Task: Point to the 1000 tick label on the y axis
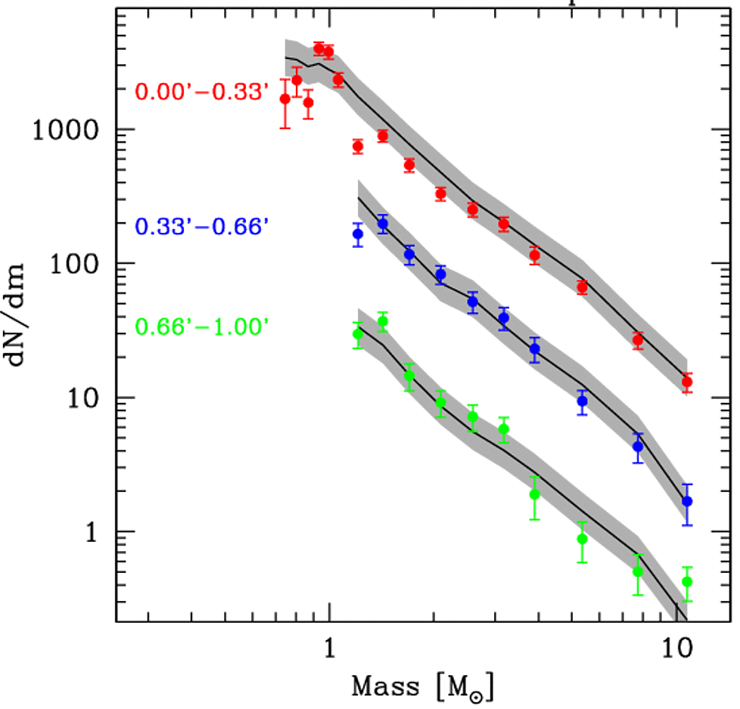[66, 129]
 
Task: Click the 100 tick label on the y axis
[76, 264]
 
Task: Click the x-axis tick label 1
[328, 649]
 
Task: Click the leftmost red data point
[285, 99]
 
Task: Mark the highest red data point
[319, 48]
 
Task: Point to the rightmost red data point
[687, 382]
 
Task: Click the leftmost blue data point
[358, 234]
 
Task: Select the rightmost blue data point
[687, 501]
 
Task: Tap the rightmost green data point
[687, 581]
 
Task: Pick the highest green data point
[382, 321]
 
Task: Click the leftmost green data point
[358, 333]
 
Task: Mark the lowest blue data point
[687, 501]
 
